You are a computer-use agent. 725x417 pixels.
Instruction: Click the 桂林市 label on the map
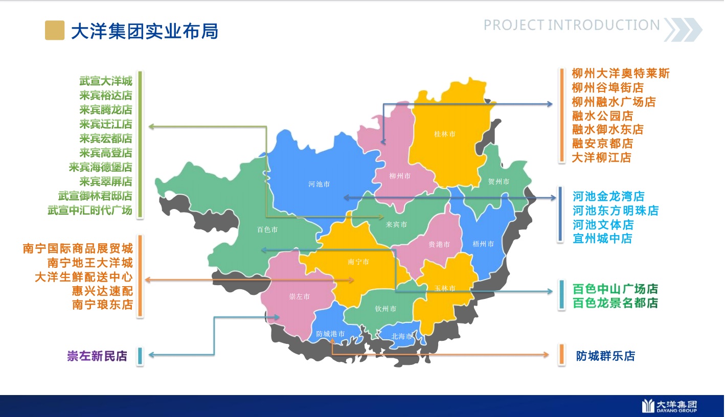[x=444, y=134]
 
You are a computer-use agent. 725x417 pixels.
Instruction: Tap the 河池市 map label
[x=319, y=184]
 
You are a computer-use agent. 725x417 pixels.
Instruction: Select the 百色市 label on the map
[x=267, y=229]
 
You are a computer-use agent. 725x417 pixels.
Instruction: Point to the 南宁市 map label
[x=358, y=262]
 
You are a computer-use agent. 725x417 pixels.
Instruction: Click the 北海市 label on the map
[x=402, y=336]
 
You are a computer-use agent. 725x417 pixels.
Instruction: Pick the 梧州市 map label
[x=483, y=244]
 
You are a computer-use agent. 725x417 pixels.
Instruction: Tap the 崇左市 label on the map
[x=300, y=296]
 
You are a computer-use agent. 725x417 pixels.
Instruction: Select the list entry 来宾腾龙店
[x=106, y=110]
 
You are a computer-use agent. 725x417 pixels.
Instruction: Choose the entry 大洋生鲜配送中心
[x=84, y=277]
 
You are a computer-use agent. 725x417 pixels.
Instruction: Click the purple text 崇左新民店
[x=97, y=356]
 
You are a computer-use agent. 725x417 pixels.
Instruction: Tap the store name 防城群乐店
[x=605, y=356]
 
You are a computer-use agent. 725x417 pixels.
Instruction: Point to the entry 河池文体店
[x=603, y=224]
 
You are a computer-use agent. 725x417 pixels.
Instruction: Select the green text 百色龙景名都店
[x=615, y=303]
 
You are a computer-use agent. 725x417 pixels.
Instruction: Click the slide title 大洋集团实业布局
[x=145, y=31]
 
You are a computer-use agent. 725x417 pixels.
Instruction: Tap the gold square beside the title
[x=55, y=31]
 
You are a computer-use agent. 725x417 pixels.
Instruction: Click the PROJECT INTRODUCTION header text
[x=572, y=25]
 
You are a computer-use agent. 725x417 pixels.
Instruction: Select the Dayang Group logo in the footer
[x=670, y=406]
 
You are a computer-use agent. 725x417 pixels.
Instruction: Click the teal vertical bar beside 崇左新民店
[x=140, y=356]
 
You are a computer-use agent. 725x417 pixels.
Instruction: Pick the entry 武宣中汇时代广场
[x=90, y=210]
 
